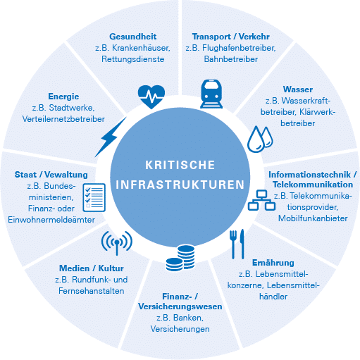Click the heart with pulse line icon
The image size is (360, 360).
tap(151, 97)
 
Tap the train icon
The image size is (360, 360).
tap(211, 94)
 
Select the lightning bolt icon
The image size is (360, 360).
tap(111, 137)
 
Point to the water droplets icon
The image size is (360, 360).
tap(260, 139)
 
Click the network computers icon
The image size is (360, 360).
tap(261, 200)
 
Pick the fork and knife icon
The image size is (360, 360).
tap(237, 244)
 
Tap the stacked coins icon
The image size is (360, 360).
tap(180, 258)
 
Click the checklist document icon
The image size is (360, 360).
tap(94, 197)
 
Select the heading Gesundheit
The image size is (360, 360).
tap(133, 37)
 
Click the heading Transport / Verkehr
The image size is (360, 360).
tap(231, 37)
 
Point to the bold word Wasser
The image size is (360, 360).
tap(298, 89)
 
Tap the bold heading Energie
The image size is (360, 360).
tap(63, 97)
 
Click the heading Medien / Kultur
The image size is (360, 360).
tap(92, 268)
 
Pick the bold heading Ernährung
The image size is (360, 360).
tap(273, 263)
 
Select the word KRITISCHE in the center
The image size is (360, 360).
tap(180, 165)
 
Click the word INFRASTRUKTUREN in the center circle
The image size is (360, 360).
tap(180, 185)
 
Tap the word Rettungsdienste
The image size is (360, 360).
tap(133, 59)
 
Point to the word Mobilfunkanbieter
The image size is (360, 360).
tap(313, 218)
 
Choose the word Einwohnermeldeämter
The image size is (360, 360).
tap(51, 220)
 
